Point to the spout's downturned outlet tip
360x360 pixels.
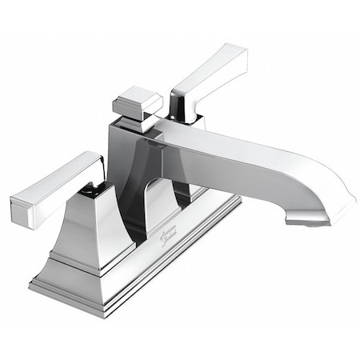[x=308, y=217]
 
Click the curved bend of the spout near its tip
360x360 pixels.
[x=332, y=192]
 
